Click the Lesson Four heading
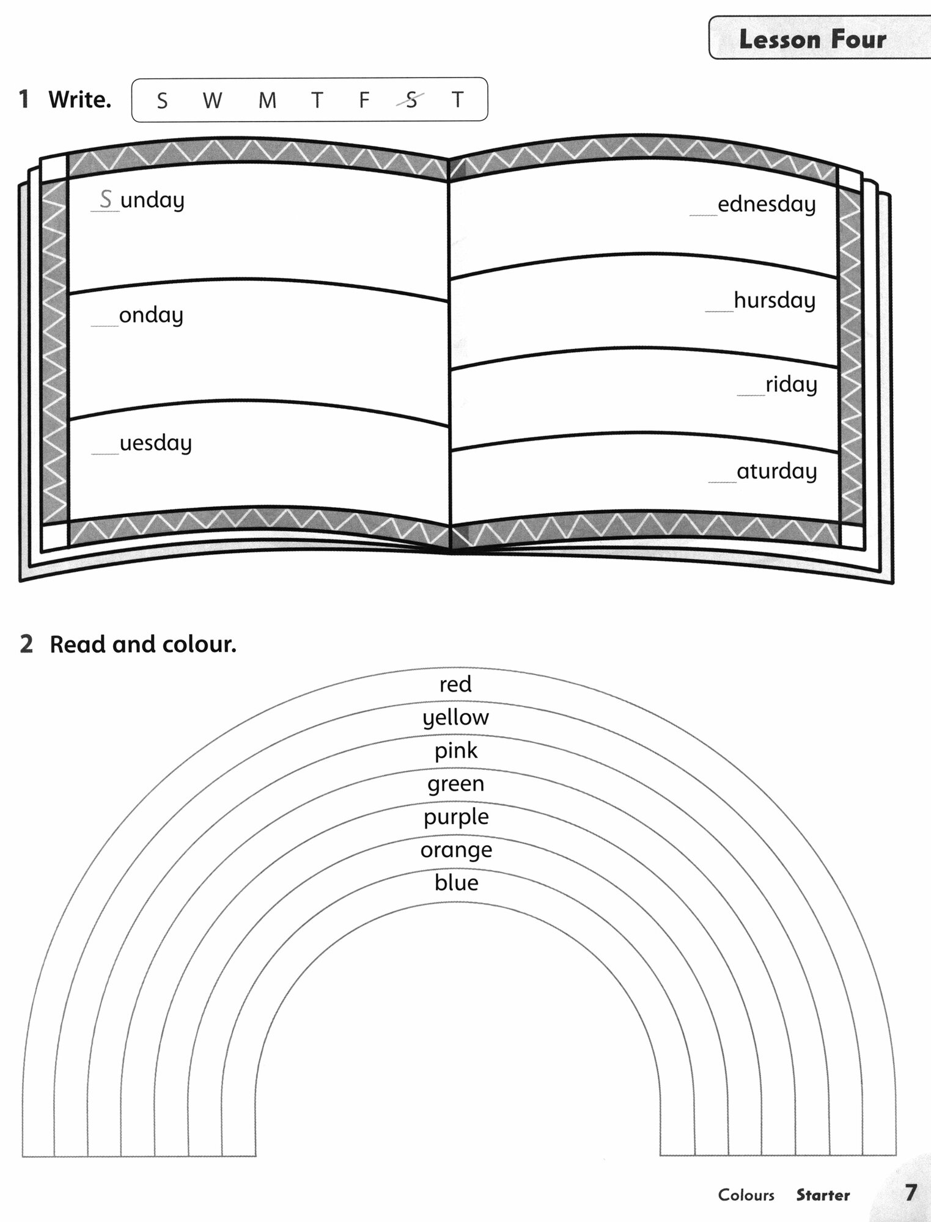(x=812, y=40)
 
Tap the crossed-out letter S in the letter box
(x=411, y=100)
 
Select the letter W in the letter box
(x=212, y=100)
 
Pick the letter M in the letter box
(x=267, y=100)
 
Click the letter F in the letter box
(x=364, y=100)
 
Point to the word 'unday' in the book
(x=152, y=200)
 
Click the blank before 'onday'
(x=105, y=321)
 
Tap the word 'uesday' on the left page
(x=155, y=443)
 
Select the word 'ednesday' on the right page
(x=767, y=204)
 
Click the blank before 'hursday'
(x=719, y=307)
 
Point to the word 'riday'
(x=791, y=385)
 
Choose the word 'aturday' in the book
(x=776, y=471)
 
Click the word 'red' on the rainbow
(x=455, y=684)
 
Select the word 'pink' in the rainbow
(x=455, y=751)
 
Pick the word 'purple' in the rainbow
(x=456, y=818)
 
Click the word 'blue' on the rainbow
(x=456, y=882)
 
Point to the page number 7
(x=910, y=1192)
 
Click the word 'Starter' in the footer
(x=822, y=1195)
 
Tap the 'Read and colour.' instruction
(x=142, y=644)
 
